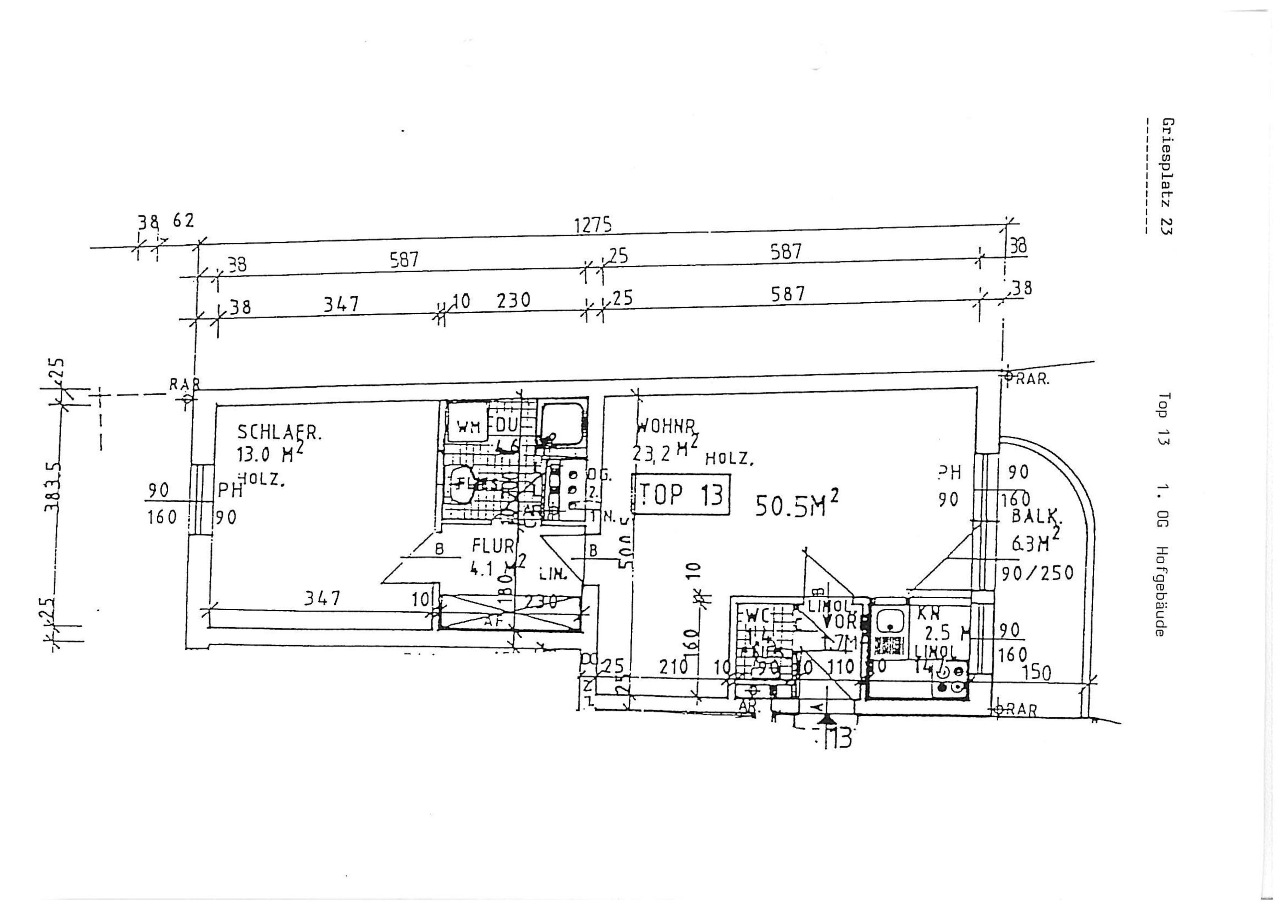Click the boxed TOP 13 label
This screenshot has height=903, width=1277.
tap(681, 494)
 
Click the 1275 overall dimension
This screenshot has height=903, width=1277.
tap(593, 225)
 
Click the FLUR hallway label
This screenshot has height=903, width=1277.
tap(493, 546)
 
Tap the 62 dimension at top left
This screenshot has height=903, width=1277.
tap(183, 221)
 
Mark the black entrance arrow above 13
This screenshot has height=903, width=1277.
tap(827, 719)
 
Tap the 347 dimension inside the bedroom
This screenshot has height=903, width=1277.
tap(323, 598)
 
